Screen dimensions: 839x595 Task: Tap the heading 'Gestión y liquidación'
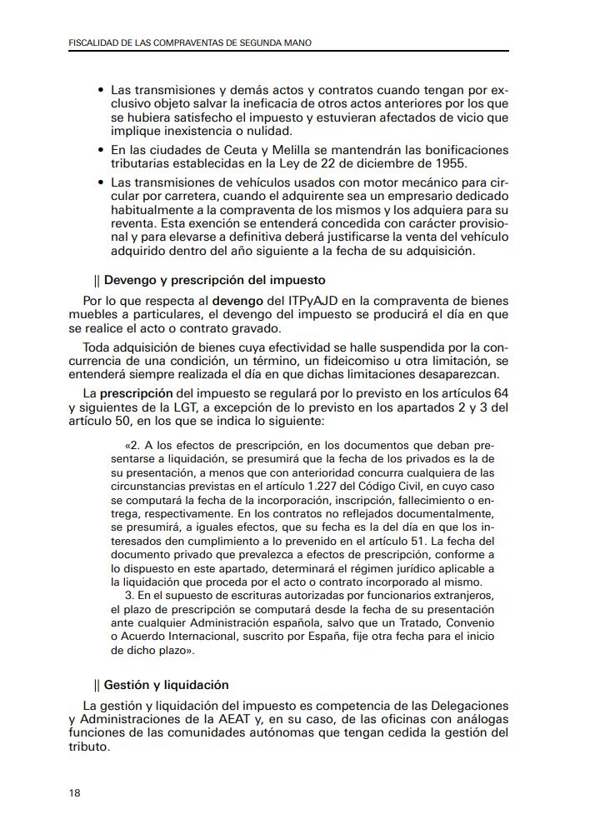click(166, 685)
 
